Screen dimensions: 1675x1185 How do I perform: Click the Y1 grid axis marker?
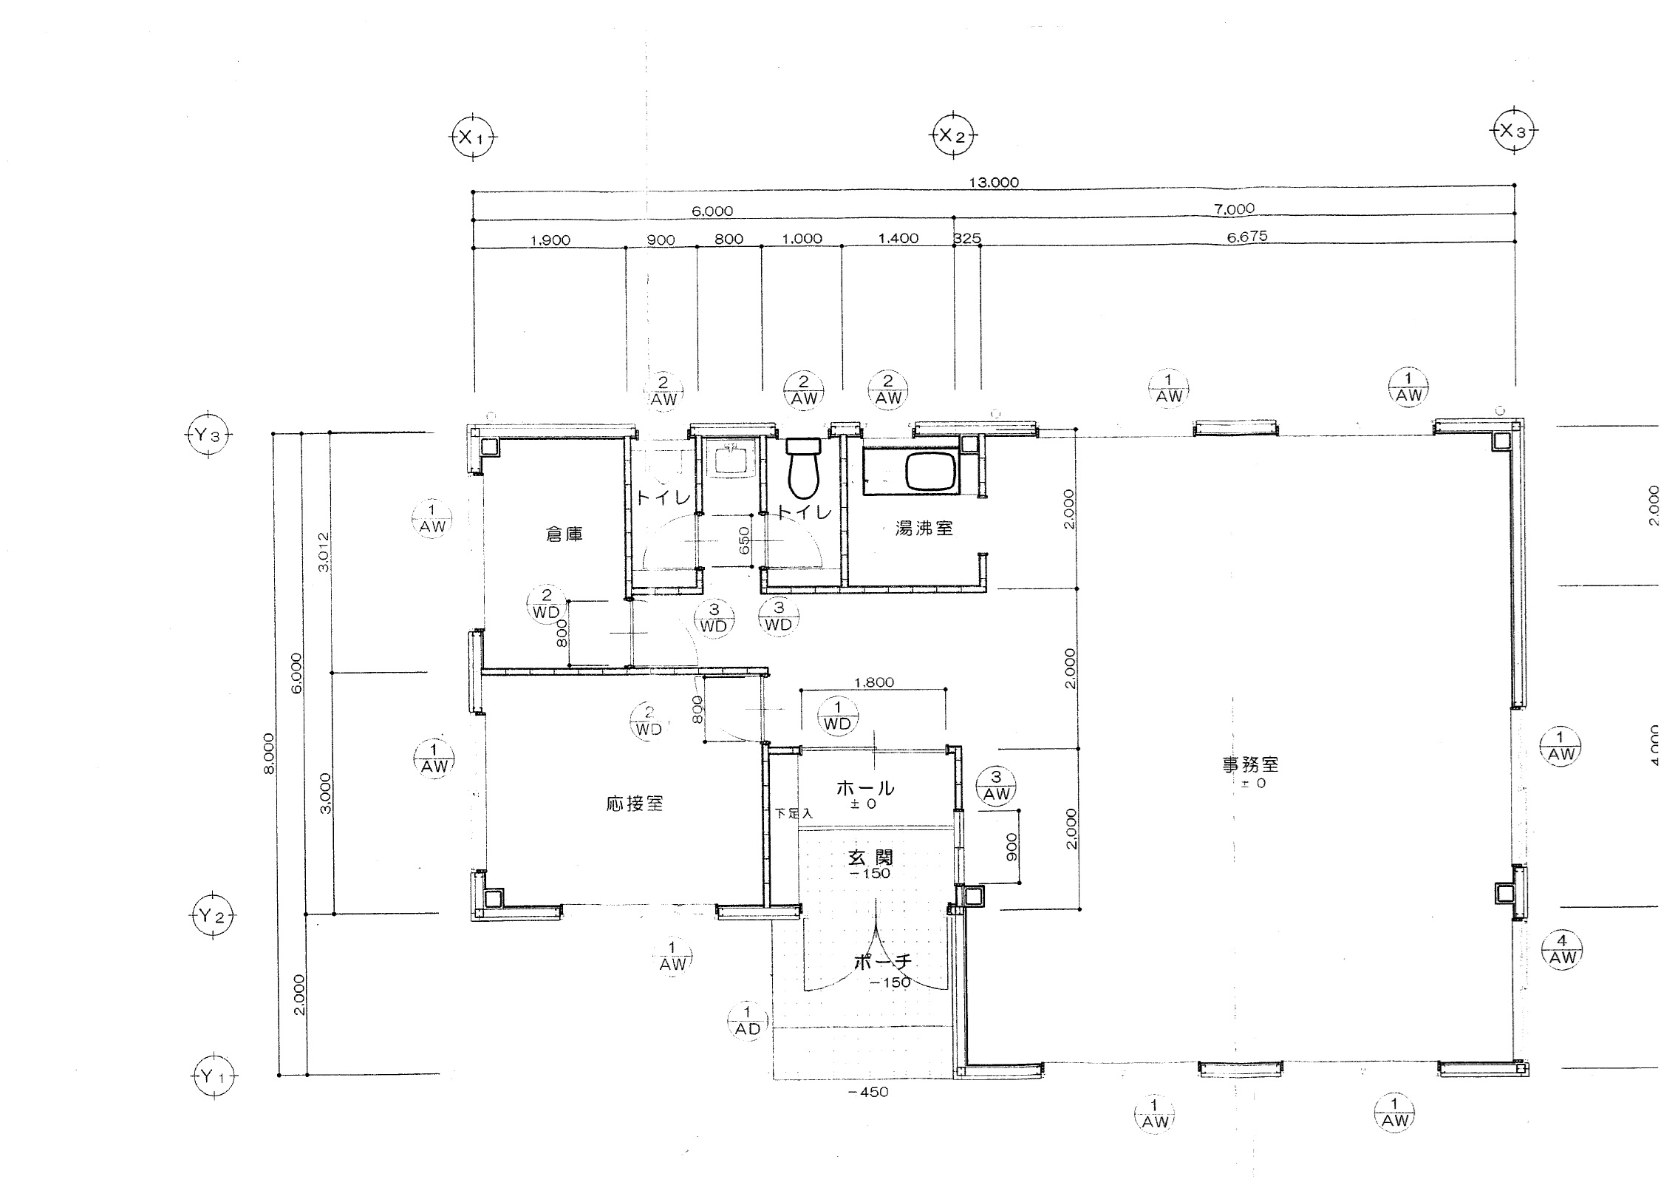214,1076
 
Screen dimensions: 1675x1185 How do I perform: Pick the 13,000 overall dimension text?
994,183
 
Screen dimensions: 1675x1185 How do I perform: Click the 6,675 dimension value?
1247,237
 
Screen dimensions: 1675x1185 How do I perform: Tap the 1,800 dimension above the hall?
874,682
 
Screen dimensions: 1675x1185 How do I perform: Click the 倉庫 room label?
564,534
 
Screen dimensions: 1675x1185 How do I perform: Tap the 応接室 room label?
635,804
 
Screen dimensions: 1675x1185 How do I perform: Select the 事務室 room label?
1250,764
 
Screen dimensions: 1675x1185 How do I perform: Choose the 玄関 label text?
870,857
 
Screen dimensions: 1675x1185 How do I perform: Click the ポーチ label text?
882,962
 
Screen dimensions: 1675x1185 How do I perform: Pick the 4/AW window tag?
1561,949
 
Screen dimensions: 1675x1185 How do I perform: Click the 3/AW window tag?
996,785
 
